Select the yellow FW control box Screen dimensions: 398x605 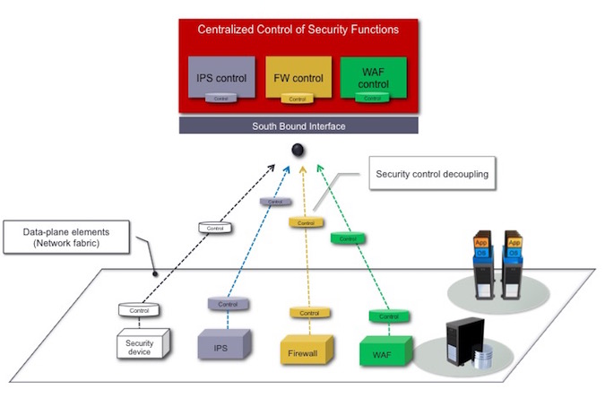298,78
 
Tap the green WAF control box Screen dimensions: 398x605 374,78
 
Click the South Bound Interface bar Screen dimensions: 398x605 298,126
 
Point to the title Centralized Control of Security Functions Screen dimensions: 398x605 298,30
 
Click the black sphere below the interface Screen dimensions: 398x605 299,149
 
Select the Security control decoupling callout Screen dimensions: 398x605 432,174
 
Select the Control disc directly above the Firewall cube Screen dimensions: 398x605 305,313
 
